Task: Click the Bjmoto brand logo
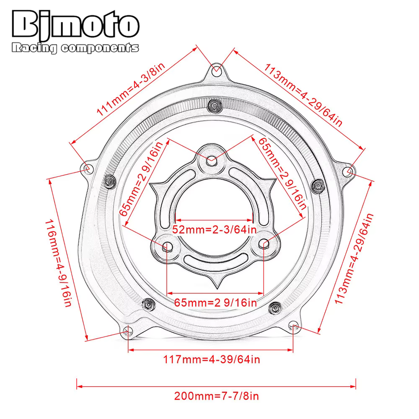(x=75, y=25)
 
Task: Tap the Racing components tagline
(x=75, y=48)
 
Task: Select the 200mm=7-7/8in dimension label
(x=217, y=396)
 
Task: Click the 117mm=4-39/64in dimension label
(x=211, y=360)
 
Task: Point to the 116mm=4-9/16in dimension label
(x=58, y=263)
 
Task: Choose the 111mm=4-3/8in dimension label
(x=131, y=89)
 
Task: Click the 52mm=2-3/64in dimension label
(x=214, y=230)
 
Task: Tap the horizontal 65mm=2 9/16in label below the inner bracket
(x=215, y=303)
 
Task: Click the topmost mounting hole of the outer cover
(x=217, y=71)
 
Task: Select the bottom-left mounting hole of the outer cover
(x=127, y=332)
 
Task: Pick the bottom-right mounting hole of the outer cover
(x=294, y=326)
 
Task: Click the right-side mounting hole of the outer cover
(x=348, y=171)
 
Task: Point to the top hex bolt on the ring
(x=215, y=106)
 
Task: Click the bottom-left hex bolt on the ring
(x=148, y=304)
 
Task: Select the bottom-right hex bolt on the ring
(x=275, y=308)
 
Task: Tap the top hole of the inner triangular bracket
(x=212, y=161)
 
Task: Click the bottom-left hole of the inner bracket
(x=168, y=246)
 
